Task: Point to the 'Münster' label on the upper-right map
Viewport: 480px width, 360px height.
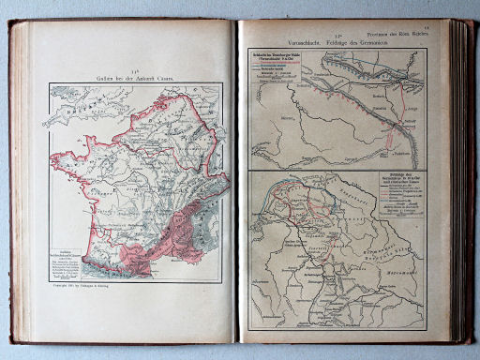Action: click(309, 120)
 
